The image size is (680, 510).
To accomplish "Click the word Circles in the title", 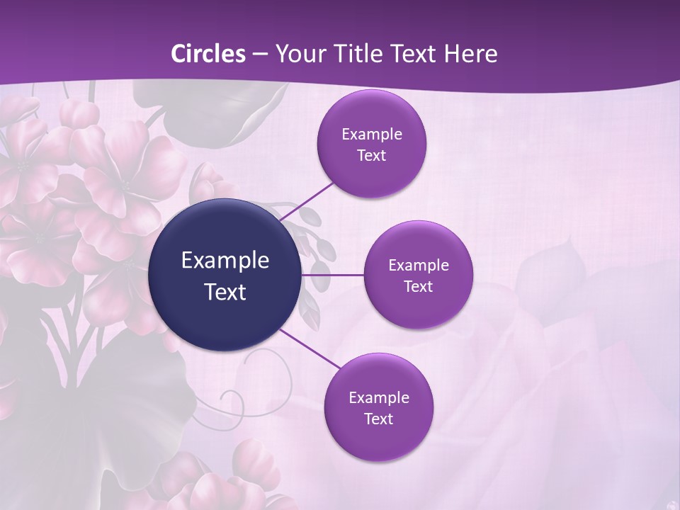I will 208,54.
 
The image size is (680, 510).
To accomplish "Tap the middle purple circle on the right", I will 418,305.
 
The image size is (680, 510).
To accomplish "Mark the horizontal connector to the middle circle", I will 333,275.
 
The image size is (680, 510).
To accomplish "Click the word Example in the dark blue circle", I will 225,261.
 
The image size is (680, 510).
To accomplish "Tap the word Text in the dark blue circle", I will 225,292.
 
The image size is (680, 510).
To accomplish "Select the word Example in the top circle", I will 372,135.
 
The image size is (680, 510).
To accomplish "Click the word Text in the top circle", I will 371,156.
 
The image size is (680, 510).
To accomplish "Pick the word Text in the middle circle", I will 418,287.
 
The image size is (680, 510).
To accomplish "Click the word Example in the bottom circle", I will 379,398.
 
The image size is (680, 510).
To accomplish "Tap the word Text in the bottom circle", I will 378,419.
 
